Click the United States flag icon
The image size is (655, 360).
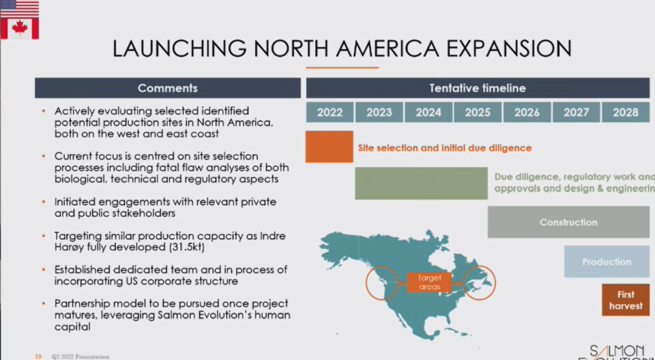(x=19, y=8)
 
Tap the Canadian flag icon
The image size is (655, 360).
(x=19, y=28)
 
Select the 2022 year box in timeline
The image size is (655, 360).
(x=330, y=112)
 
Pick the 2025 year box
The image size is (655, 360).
(x=478, y=112)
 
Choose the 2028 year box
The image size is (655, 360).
(x=626, y=112)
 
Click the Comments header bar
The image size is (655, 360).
(x=168, y=88)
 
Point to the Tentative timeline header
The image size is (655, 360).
(x=478, y=88)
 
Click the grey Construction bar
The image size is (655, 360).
(x=568, y=222)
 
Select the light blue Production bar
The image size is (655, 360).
(x=607, y=262)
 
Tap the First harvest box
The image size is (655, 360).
(x=626, y=300)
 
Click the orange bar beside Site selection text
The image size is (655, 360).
(x=329, y=147)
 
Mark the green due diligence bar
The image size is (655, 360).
(x=421, y=183)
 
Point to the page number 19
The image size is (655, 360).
(x=38, y=356)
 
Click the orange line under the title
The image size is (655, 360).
(x=342, y=67)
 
